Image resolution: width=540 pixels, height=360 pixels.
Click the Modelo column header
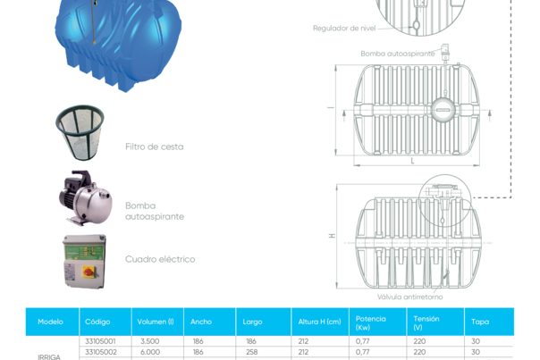tap(50, 322)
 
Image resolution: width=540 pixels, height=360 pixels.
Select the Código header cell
tap(97, 322)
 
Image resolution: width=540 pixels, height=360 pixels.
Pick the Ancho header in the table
tap(201, 322)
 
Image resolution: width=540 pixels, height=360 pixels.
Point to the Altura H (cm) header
tap(318, 322)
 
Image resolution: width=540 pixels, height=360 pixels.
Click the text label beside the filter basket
tap(154, 146)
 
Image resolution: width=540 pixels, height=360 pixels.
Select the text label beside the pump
tap(154, 211)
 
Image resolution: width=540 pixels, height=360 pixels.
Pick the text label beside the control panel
tap(159, 260)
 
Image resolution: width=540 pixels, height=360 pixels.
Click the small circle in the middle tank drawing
tap(442, 110)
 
